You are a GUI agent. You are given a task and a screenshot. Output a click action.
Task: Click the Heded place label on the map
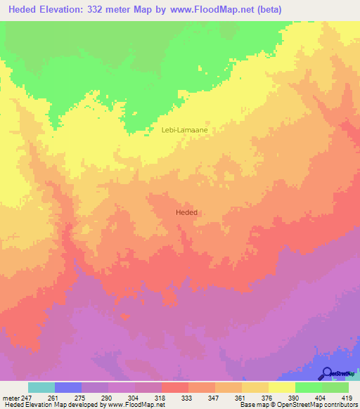point(186,212)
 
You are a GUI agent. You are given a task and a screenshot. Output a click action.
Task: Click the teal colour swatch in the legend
point(41,387)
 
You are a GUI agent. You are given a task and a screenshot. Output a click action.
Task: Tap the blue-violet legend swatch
point(67,387)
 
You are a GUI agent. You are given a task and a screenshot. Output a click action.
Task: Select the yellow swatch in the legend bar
point(281,387)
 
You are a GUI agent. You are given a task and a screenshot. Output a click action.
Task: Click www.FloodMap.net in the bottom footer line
point(138,405)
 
